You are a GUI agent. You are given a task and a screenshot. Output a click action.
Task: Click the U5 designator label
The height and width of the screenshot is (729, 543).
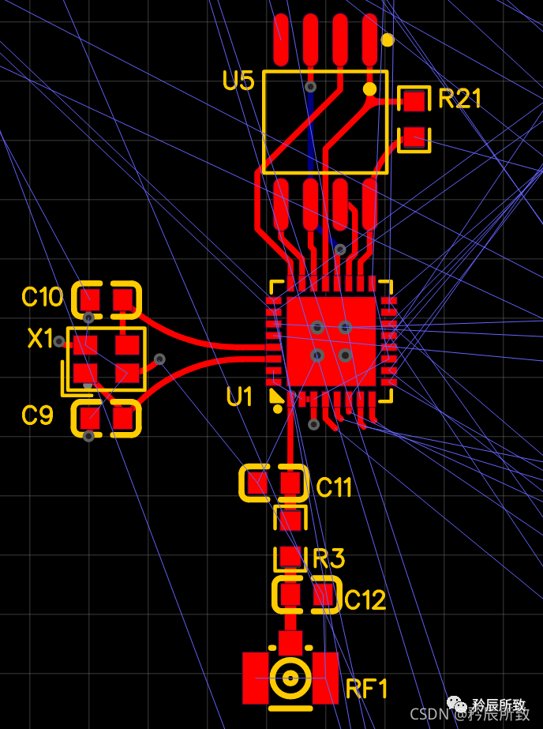coord(238,81)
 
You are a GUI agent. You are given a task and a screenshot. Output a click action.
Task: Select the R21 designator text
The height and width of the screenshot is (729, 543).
coord(459,99)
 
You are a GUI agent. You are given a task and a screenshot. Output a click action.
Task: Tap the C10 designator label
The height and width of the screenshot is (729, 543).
coord(42,298)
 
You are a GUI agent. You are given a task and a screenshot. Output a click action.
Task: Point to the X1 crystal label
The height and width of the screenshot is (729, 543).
coord(40,339)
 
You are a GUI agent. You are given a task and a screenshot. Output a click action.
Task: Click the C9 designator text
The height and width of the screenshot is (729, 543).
coord(37,415)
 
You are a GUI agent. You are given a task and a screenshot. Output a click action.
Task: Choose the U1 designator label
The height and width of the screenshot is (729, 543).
coord(240,397)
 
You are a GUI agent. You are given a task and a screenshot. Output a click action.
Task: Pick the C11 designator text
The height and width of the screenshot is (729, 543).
coord(334,488)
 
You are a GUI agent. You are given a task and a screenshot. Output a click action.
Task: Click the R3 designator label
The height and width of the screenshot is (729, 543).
coord(328,559)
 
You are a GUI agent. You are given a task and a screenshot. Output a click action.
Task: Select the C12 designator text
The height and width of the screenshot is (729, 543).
coord(365,601)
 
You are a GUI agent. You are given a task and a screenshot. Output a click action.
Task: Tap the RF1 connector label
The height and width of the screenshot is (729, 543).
coord(367,689)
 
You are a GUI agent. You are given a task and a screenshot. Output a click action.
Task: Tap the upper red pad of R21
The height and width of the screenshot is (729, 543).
coord(414,100)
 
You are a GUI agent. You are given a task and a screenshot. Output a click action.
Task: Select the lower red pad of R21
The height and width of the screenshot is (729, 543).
coord(414,137)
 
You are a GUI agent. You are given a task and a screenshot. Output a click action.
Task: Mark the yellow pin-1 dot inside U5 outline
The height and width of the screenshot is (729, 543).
coord(369,89)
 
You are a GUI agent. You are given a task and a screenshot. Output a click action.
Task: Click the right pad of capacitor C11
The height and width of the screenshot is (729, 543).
coord(292,482)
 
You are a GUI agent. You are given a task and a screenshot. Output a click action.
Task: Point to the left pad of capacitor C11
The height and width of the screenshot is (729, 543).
coord(257,482)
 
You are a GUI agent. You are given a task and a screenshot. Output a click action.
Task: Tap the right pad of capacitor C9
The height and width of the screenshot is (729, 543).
coord(123,416)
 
